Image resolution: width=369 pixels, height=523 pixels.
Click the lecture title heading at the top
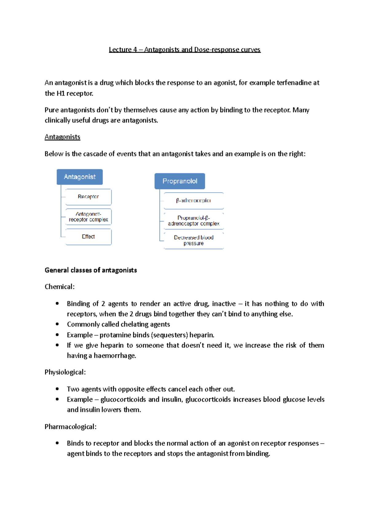pyautogui.click(x=184, y=50)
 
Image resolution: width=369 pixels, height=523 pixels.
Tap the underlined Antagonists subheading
pyautogui.click(x=62, y=137)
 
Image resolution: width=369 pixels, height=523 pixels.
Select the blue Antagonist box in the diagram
pyautogui.click(x=80, y=177)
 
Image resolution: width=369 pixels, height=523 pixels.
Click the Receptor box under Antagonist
pyautogui.click(x=88, y=197)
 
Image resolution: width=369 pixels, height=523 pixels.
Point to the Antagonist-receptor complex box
pyautogui.click(x=88, y=217)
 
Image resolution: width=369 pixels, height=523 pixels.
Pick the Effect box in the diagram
pyautogui.click(x=88, y=237)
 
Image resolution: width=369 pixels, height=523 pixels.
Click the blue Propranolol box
pyautogui.click(x=180, y=181)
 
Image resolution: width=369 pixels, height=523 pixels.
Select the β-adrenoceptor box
pyautogui.click(x=193, y=201)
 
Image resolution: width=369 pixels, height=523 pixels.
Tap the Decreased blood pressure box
pyautogui.click(x=193, y=240)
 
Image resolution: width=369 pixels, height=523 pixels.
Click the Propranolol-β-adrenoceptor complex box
pyautogui.click(x=193, y=221)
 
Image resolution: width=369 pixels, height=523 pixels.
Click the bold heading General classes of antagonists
pyautogui.click(x=91, y=270)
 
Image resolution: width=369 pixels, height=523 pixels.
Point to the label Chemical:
pyautogui.click(x=60, y=287)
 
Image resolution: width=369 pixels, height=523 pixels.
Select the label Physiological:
pyautogui.click(x=65, y=372)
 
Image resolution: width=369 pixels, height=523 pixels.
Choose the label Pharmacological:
pyautogui.click(x=70, y=427)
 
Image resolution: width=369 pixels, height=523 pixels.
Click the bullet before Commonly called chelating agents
pyautogui.click(x=57, y=324)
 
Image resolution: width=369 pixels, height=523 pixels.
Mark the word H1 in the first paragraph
pyautogui.click(x=60, y=93)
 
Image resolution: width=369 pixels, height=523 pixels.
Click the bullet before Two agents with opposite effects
pyautogui.click(x=57, y=389)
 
